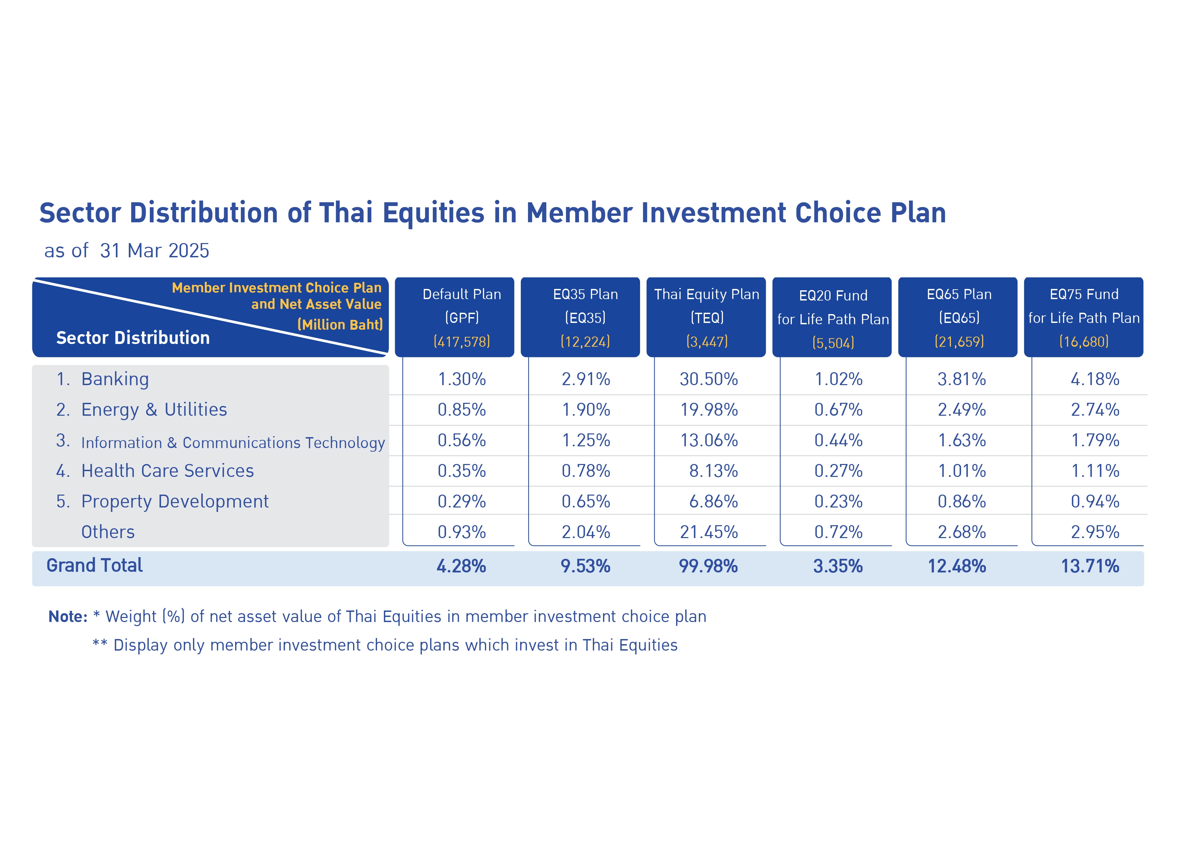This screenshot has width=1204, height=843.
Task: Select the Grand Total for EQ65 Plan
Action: (x=957, y=566)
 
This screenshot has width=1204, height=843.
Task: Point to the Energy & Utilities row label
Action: (x=154, y=410)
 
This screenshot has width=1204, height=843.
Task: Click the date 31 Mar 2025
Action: (x=155, y=251)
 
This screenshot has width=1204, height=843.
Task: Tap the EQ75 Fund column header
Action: (x=1083, y=317)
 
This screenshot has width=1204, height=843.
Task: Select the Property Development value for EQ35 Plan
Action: (x=586, y=501)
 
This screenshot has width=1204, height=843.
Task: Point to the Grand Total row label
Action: (x=94, y=566)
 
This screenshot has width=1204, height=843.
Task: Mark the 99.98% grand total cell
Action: (x=708, y=566)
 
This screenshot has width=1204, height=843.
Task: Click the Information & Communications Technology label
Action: (x=233, y=443)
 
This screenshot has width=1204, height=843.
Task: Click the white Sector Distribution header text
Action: (x=133, y=338)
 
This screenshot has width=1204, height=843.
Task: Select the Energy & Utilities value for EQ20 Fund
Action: (x=838, y=410)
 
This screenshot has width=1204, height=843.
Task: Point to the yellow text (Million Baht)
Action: (x=340, y=325)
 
